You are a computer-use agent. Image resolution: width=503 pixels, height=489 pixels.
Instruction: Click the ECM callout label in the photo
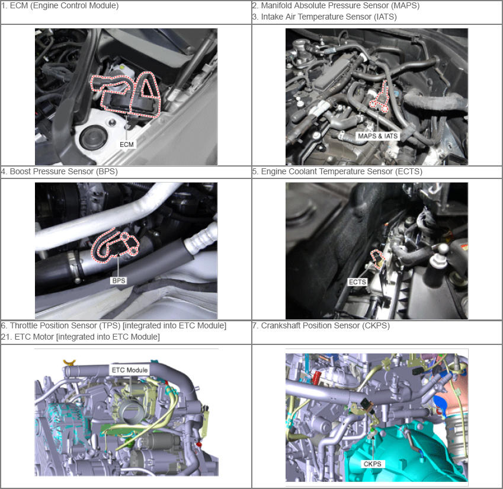point(126,145)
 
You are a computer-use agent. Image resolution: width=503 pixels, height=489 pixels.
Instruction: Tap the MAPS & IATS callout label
point(377,136)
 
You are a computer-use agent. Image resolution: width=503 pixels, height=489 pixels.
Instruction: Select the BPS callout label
point(118,281)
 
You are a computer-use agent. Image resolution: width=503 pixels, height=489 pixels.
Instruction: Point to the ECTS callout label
point(357,282)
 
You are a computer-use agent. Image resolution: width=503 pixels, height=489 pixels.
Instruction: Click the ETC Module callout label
point(130,370)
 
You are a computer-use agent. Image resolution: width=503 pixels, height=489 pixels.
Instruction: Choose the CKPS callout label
point(373,464)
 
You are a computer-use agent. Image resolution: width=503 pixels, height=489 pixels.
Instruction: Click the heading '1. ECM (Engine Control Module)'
point(60,5)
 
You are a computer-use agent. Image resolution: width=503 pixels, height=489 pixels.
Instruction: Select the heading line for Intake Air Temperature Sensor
point(324,17)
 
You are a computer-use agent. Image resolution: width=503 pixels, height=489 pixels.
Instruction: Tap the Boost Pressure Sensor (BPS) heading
point(59,171)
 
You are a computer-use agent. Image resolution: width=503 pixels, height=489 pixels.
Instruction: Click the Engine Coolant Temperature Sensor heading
point(337,171)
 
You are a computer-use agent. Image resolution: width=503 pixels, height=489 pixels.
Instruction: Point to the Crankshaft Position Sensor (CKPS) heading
point(321,325)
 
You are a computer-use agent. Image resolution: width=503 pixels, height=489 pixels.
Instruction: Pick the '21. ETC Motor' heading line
point(80,337)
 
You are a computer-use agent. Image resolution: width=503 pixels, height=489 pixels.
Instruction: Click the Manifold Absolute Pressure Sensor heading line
point(336,5)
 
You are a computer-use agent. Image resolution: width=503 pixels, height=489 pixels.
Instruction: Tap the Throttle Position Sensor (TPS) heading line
point(114,325)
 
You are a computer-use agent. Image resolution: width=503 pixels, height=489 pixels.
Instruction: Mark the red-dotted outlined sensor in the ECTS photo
point(377,257)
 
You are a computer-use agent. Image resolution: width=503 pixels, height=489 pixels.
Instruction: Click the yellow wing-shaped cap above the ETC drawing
point(69,362)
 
